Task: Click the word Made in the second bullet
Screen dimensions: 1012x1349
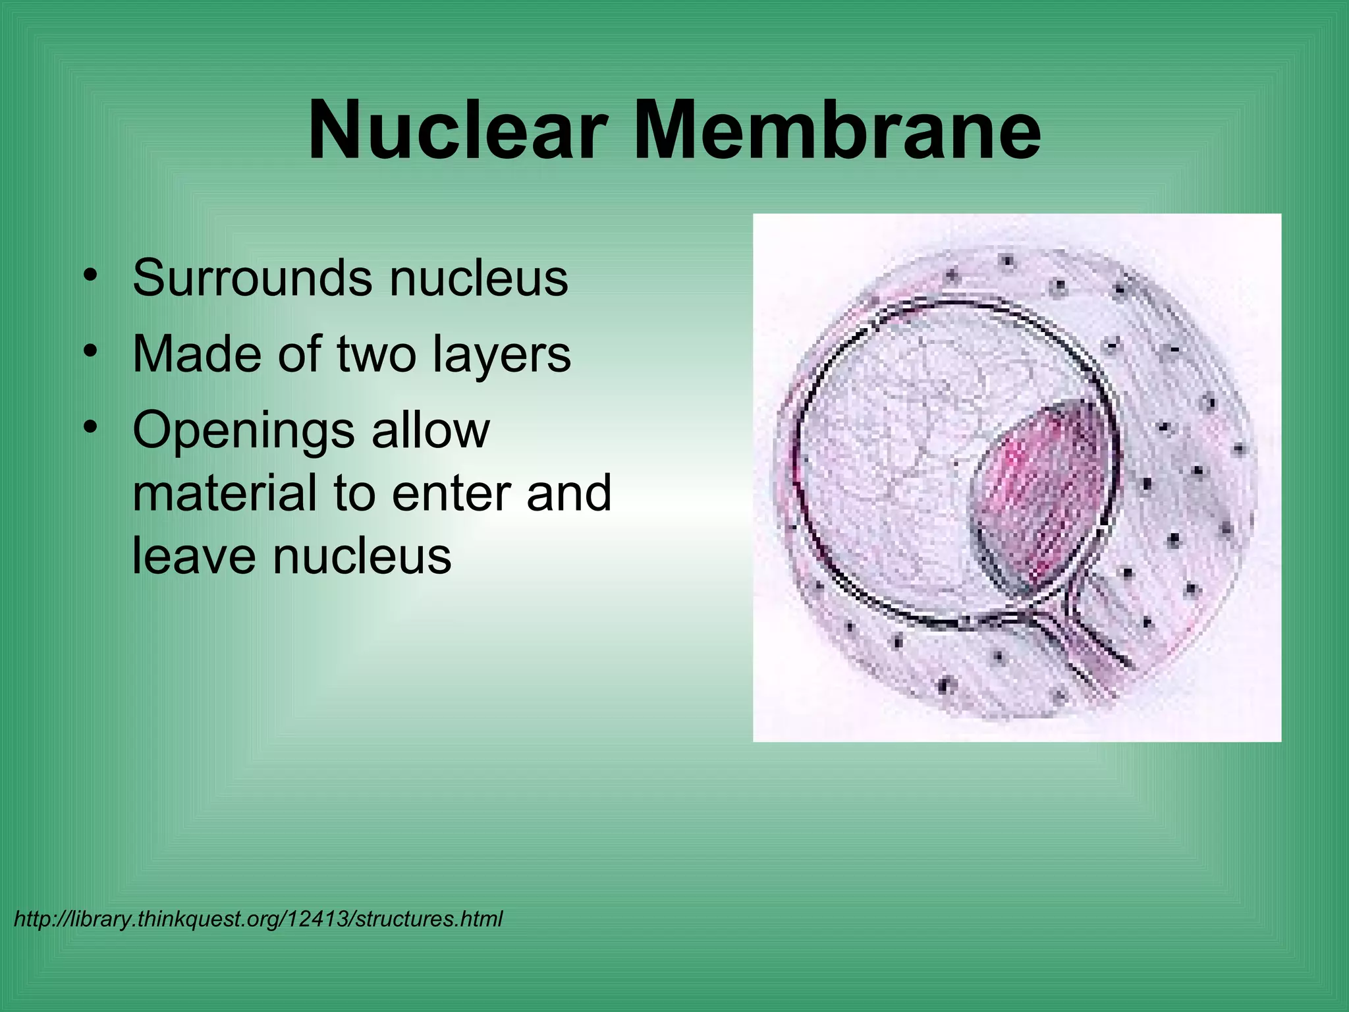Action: (x=197, y=354)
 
